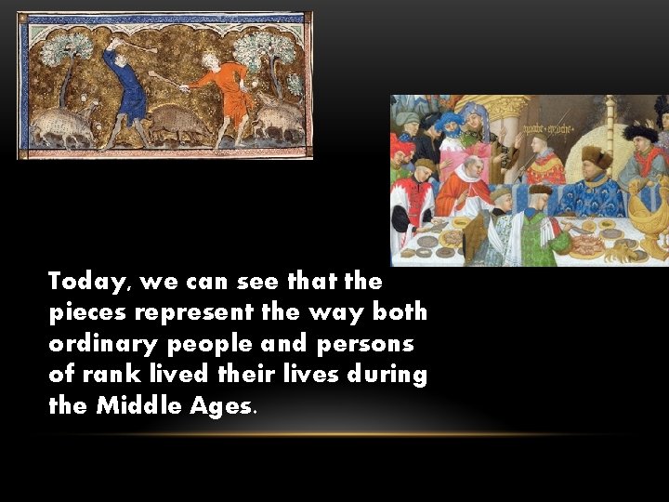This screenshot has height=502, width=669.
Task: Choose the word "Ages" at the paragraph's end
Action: (x=219, y=406)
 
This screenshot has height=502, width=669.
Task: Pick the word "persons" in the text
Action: (x=365, y=344)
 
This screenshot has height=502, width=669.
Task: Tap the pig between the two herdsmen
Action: (x=177, y=122)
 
